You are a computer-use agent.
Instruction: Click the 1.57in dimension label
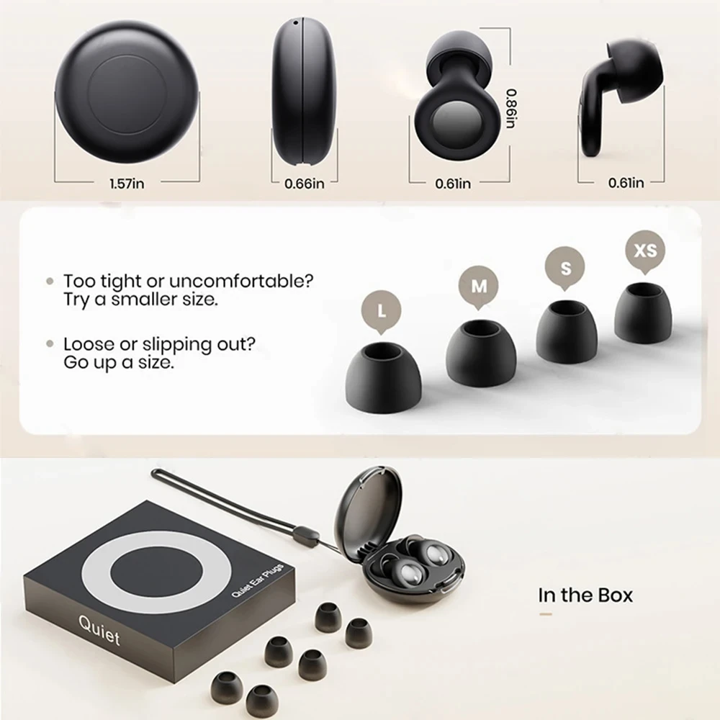tap(127, 184)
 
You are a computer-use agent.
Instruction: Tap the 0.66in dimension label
tap(305, 184)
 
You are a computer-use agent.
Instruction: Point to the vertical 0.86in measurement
tap(510, 108)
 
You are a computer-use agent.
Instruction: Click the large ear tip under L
tap(384, 378)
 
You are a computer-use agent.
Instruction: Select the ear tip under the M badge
tap(480, 354)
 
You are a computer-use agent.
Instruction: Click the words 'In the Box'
tap(585, 595)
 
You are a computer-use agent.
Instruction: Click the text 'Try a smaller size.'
tap(140, 300)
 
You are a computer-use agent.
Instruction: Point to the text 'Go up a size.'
tap(119, 362)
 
